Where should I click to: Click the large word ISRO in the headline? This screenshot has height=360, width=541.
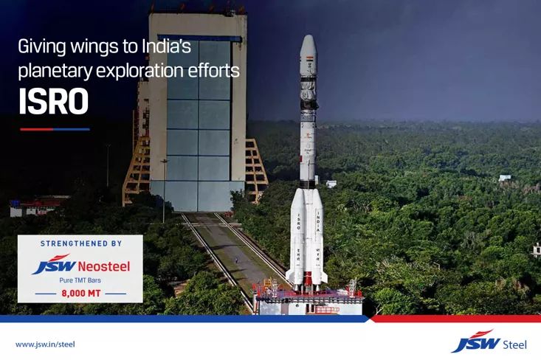click(x=53, y=101)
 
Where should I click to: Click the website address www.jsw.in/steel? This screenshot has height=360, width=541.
click(x=45, y=344)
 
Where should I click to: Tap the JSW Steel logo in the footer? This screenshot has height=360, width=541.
click(x=489, y=342)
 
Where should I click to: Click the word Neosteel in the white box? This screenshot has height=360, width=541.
click(x=104, y=266)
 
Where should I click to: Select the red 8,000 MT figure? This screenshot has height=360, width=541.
click(x=81, y=294)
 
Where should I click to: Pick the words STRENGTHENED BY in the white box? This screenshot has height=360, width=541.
click(x=81, y=243)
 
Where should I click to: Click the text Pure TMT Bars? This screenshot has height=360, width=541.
click(x=80, y=280)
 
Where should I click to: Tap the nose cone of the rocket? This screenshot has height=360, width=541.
click(x=308, y=43)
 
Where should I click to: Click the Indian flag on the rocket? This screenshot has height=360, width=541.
click(x=311, y=58)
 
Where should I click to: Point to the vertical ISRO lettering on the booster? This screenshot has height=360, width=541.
click(x=299, y=221)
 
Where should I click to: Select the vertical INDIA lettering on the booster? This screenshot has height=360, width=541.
click(x=318, y=222)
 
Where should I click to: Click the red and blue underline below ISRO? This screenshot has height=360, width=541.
click(x=55, y=129)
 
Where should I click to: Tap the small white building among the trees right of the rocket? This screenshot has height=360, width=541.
click(x=504, y=178)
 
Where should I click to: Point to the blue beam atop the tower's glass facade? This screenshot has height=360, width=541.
click(x=200, y=38)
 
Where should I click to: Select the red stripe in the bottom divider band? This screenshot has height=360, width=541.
click(x=455, y=318)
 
